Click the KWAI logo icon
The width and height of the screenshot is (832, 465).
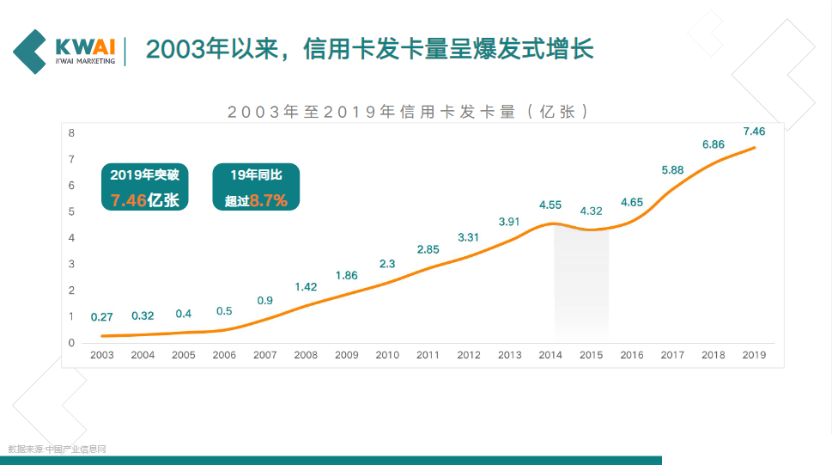[x=31, y=51]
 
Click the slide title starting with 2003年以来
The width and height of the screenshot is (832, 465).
[x=369, y=48]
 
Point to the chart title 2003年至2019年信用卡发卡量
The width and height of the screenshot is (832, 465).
[x=409, y=112]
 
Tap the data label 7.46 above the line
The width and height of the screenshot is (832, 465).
[x=754, y=132]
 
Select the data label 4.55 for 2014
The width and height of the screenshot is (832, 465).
[x=550, y=205]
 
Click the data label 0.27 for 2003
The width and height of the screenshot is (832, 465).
[x=102, y=316]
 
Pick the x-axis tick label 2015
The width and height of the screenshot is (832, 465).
[x=591, y=355]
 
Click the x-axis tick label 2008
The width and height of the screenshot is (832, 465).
[x=306, y=355]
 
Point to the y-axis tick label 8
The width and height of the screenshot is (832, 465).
[x=72, y=133]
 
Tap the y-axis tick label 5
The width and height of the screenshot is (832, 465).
[x=72, y=211]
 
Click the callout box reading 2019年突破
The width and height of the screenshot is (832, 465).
[x=143, y=187]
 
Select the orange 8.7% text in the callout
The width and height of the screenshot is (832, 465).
[x=268, y=201]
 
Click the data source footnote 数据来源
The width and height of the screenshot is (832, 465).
[x=57, y=449]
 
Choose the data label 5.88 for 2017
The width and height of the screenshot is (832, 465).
[x=672, y=170]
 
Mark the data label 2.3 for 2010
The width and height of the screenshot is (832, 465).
[x=387, y=264]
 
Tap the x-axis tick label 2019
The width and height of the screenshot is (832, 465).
[x=754, y=355]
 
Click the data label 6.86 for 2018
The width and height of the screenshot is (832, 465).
[x=714, y=144]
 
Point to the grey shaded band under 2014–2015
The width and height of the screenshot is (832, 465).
[x=580, y=284]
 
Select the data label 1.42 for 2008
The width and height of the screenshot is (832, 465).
[x=306, y=287]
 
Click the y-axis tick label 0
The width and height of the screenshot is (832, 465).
[x=72, y=343]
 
